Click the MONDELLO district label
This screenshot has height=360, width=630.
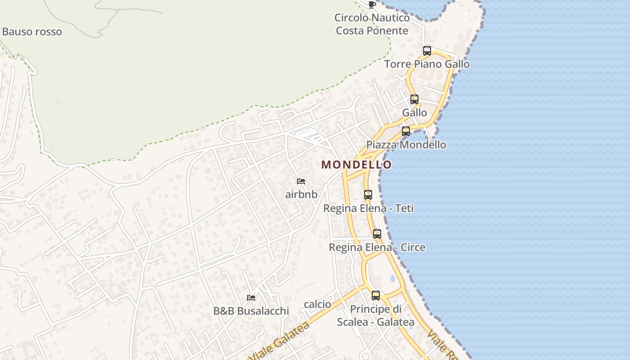[x=356, y=165]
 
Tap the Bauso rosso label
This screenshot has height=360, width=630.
[x=32, y=32]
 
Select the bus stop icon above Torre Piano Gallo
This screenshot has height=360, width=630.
[x=427, y=51]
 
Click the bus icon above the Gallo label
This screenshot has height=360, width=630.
[x=414, y=99]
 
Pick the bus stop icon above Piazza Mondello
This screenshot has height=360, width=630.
[x=406, y=131]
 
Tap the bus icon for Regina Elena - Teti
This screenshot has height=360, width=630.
[x=368, y=195]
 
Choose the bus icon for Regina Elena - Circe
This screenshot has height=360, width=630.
[x=377, y=234]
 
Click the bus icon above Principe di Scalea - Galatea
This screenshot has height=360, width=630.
[x=376, y=296]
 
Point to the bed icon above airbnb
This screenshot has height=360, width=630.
[x=301, y=181]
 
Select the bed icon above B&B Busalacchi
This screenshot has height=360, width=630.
[x=251, y=298]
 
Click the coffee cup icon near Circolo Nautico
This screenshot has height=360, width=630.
[x=372, y=5]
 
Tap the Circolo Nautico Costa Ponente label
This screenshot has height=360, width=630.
[x=372, y=24]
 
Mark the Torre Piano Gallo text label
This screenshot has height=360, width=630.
[x=427, y=64]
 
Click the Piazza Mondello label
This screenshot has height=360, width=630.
[x=406, y=144]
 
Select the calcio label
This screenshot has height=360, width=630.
[x=318, y=304]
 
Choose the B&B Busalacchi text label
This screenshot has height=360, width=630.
[x=251, y=311]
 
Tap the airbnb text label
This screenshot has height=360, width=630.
[x=301, y=194]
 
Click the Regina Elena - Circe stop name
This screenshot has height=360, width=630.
[x=377, y=247]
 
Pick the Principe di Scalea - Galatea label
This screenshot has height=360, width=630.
[x=376, y=315]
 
